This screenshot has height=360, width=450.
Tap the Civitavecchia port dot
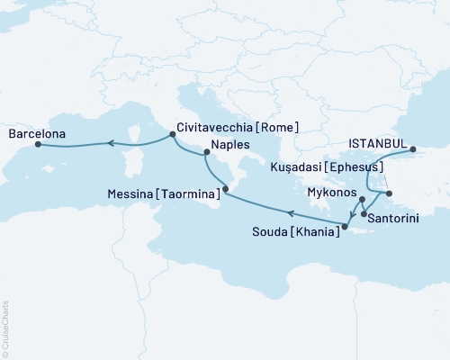coord(172,135)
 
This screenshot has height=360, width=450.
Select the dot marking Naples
coord(207,164)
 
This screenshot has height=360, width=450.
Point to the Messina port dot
coord(225,192)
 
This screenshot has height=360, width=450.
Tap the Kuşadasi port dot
coord(387,193)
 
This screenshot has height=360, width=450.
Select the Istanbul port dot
coord(413,150)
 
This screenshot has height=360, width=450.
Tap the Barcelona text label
coord(35,134)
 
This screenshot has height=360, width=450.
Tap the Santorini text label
coord(398,217)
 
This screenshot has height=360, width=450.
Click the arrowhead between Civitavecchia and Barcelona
coord(109,141)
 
